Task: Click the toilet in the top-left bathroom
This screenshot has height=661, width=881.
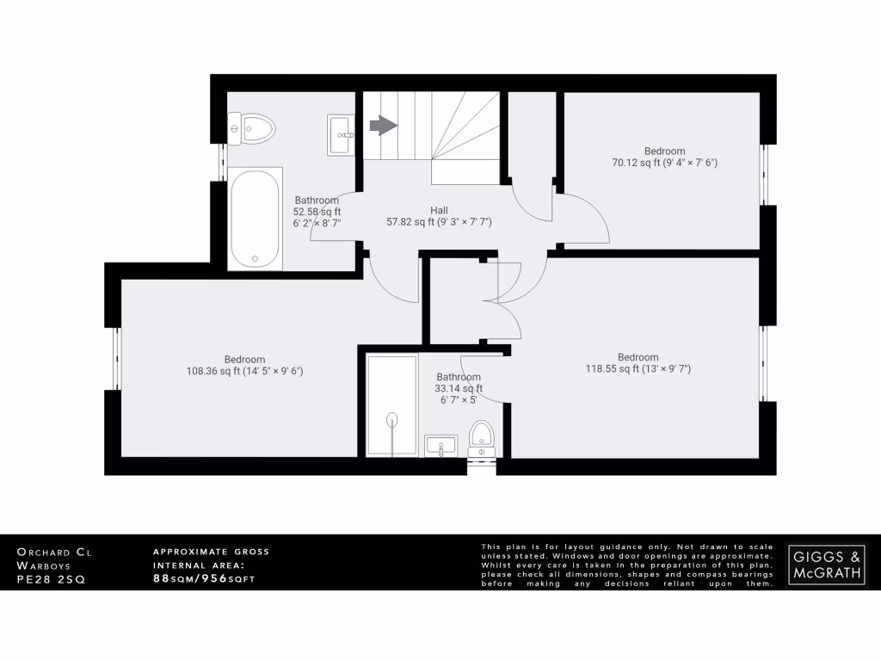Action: pyautogui.click(x=252, y=130)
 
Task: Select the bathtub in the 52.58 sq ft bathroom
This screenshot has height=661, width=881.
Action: pyautogui.click(x=255, y=219)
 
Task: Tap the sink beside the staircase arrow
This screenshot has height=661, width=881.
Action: pyautogui.click(x=341, y=135)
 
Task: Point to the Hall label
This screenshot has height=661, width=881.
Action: pyautogui.click(x=439, y=210)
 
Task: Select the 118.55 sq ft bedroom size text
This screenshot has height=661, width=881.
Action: pyautogui.click(x=637, y=368)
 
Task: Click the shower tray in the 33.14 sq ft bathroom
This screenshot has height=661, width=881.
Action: pyautogui.click(x=392, y=404)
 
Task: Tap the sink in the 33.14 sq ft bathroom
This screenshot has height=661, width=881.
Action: pyautogui.click(x=441, y=446)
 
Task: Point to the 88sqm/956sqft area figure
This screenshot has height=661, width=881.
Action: pyautogui.click(x=204, y=578)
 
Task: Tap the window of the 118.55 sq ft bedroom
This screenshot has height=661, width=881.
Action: pyautogui.click(x=762, y=363)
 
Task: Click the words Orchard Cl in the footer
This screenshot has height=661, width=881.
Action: pyautogui.click(x=54, y=551)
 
